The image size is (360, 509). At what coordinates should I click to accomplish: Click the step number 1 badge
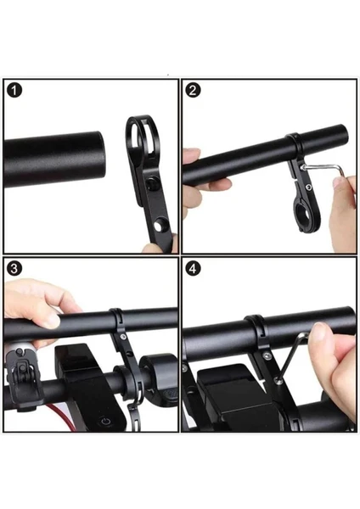tap(14, 90)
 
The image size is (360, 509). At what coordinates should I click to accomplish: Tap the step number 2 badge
tap(193, 90)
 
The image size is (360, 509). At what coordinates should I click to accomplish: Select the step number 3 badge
tap(14, 268)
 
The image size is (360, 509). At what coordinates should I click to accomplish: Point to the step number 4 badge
tap(193, 268)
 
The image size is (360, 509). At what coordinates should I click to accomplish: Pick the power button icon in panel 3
tap(105, 422)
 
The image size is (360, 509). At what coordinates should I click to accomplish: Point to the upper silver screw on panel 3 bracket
tap(122, 337)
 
